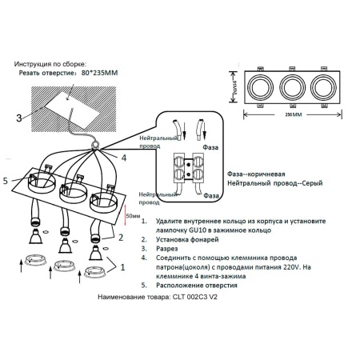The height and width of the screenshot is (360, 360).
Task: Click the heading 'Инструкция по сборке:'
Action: click(52, 62)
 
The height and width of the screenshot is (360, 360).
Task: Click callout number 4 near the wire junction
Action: click(123, 158)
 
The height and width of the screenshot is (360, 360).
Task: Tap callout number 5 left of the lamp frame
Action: click(7, 182)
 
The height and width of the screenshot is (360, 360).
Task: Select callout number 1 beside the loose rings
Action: click(122, 270)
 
